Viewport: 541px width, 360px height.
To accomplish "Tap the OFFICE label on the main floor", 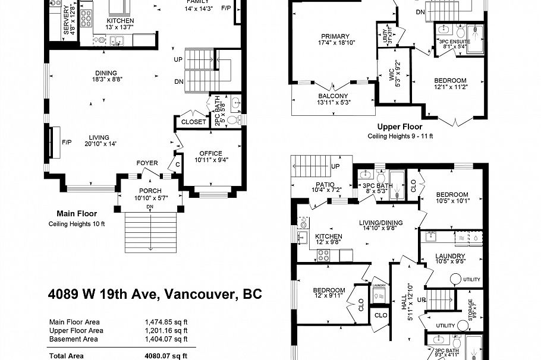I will [x=210, y=153].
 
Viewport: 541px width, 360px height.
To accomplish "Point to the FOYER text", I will [x=147, y=163].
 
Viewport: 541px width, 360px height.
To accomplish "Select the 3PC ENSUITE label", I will [x=454, y=42].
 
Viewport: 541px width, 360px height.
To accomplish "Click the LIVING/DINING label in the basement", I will [x=381, y=223].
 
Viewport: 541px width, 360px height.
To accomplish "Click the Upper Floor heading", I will [x=400, y=127].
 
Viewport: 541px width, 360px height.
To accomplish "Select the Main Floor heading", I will [x=77, y=213].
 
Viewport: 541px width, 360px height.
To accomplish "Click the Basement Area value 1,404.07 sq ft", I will [x=166, y=339].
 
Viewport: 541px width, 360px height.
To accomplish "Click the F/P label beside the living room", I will [x=67, y=143].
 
